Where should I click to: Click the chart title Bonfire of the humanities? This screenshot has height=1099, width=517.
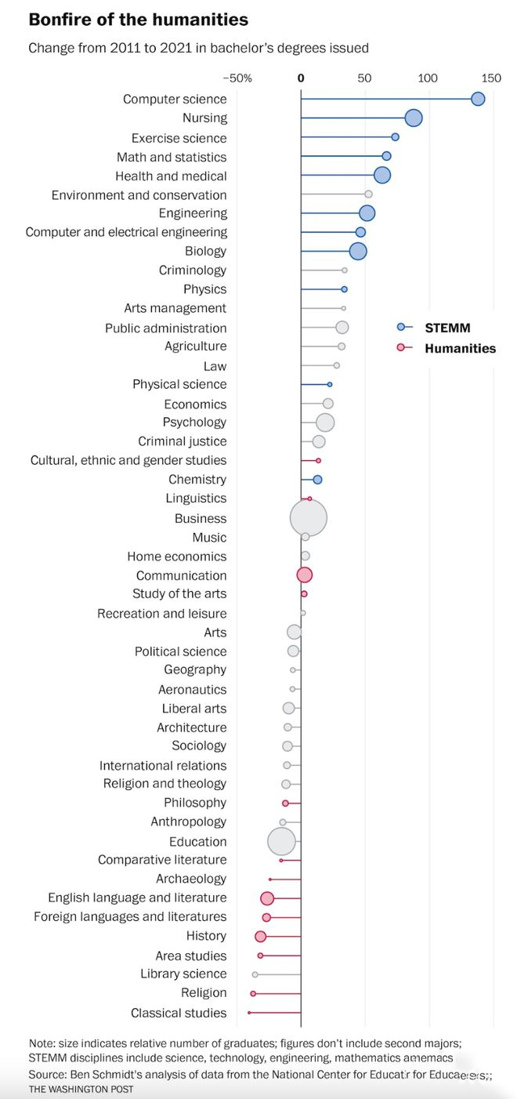tap(138, 20)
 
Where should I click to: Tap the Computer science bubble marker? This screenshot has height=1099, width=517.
tap(478, 99)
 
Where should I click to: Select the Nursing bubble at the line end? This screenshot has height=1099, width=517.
tap(414, 118)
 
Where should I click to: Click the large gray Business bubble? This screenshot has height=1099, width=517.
tap(309, 518)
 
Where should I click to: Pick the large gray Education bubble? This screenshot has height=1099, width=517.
tap(282, 841)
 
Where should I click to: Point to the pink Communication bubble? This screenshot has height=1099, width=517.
tap(305, 575)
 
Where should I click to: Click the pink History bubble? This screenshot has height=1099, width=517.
tap(261, 936)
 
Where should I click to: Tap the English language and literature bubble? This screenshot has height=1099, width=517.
tap(267, 898)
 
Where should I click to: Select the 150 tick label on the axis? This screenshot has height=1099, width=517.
tap(491, 78)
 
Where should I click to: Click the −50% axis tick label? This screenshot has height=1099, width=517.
tap(237, 78)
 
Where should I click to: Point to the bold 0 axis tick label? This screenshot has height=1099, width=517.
tap(301, 78)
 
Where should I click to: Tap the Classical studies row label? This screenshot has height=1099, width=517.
tap(179, 1013)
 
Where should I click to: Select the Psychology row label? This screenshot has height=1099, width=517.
tap(194, 423)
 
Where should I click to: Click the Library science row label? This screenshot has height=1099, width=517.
tap(183, 974)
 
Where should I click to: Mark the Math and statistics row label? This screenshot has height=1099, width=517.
tap(172, 157)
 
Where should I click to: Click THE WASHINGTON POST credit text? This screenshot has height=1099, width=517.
tap(81, 1089)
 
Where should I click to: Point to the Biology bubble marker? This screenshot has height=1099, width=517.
tap(358, 252)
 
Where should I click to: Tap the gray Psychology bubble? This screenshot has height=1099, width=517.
tap(325, 423)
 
